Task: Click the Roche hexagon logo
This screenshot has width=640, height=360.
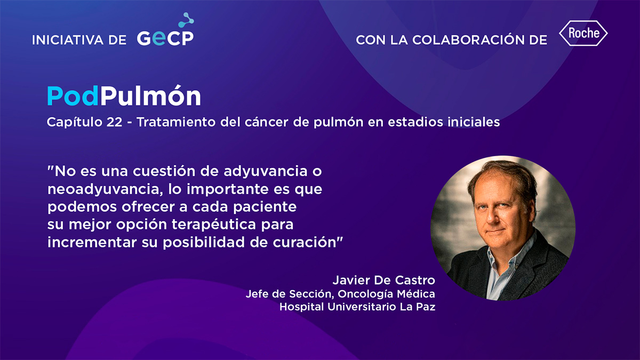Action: point(583,33)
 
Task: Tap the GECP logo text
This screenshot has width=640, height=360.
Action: point(165,38)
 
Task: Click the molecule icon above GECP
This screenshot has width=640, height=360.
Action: point(186,20)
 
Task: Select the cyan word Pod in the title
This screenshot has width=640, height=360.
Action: point(73,96)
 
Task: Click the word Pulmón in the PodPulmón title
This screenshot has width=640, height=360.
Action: point(150,96)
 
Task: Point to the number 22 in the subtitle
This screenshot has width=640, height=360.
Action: point(114,122)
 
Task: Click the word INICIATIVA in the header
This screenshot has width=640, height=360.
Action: point(68,40)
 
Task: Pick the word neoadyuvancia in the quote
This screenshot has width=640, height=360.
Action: point(105,190)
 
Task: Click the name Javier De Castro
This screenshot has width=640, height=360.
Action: point(383,280)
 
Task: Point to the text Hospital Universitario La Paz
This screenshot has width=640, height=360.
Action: point(357,307)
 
